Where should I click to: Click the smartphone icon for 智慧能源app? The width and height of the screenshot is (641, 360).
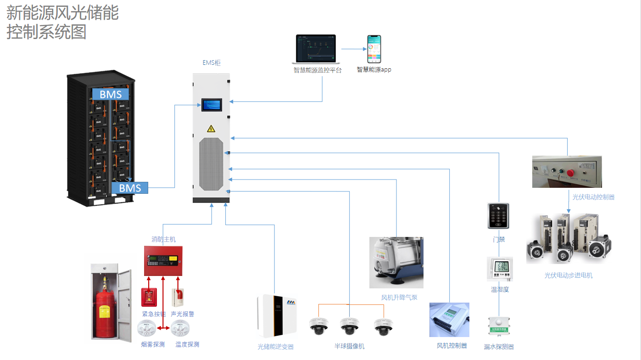374,49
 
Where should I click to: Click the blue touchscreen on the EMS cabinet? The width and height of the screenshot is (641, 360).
212,105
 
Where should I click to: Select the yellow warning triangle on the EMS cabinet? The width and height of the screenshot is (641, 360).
211,129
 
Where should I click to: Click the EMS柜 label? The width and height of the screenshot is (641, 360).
212,63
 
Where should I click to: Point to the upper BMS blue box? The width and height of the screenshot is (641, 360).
111,94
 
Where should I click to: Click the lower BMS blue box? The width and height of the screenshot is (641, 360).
130,188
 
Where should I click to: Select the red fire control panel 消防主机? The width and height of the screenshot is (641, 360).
163,261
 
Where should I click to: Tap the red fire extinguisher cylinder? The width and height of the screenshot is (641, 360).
101,312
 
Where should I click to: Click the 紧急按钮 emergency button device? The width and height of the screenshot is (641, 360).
149,297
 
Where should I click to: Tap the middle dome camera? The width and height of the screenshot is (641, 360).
350,326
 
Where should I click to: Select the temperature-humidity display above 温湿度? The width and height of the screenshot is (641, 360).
499,269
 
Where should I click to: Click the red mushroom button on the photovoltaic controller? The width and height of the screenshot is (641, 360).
571,173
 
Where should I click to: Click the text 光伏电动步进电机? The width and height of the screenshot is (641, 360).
569,276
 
